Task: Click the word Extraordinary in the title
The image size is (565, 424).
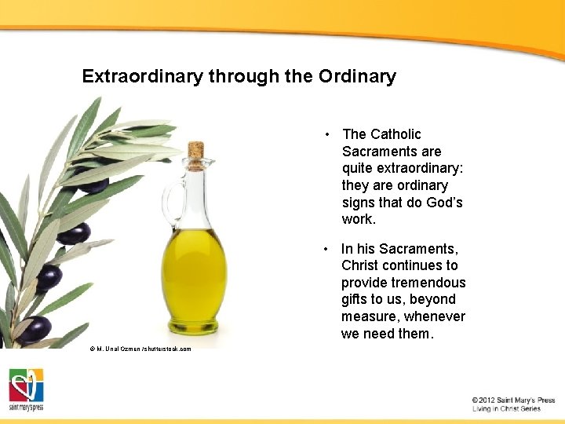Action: click(143, 77)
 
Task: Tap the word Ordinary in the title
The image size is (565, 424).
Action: click(357, 77)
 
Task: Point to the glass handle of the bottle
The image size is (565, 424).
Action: click(172, 200)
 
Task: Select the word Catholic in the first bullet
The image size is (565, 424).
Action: click(395, 134)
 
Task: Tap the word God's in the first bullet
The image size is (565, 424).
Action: click(444, 203)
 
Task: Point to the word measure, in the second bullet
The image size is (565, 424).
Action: click(368, 316)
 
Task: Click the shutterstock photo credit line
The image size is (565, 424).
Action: click(140, 349)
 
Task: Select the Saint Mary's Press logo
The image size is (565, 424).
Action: click(27, 389)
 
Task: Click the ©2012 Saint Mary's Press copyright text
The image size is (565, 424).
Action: click(513, 400)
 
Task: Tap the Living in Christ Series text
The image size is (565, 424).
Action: click(506, 409)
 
